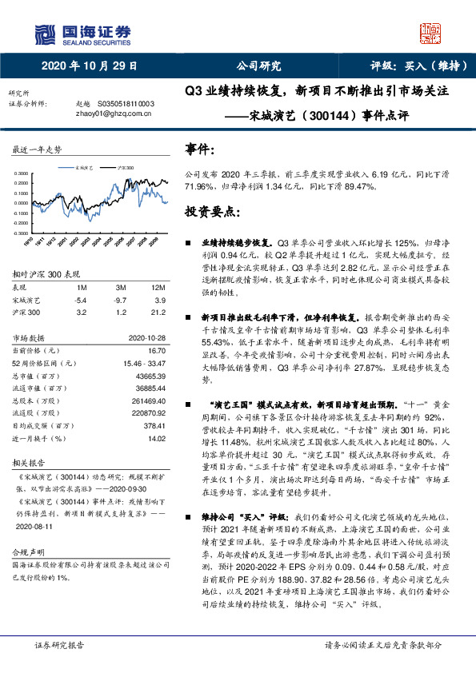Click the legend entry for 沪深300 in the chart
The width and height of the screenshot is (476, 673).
coord(125,168)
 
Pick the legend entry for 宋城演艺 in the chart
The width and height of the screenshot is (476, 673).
coord(86,168)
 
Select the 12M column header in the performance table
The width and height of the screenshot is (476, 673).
coord(158,286)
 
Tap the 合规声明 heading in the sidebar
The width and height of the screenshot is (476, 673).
coord(28,552)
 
